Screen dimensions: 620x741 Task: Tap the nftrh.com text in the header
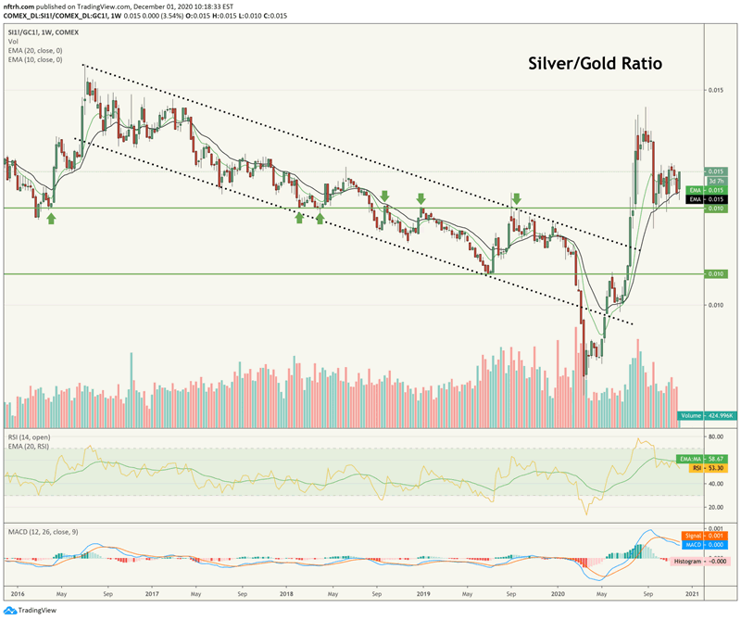tap(23, 6)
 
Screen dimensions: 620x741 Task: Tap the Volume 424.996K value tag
tap(701, 416)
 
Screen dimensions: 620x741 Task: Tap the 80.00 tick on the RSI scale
tap(715, 435)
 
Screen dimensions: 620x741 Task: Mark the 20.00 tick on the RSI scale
tap(715, 507)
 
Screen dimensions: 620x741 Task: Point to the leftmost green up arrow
tap(52, 218)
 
